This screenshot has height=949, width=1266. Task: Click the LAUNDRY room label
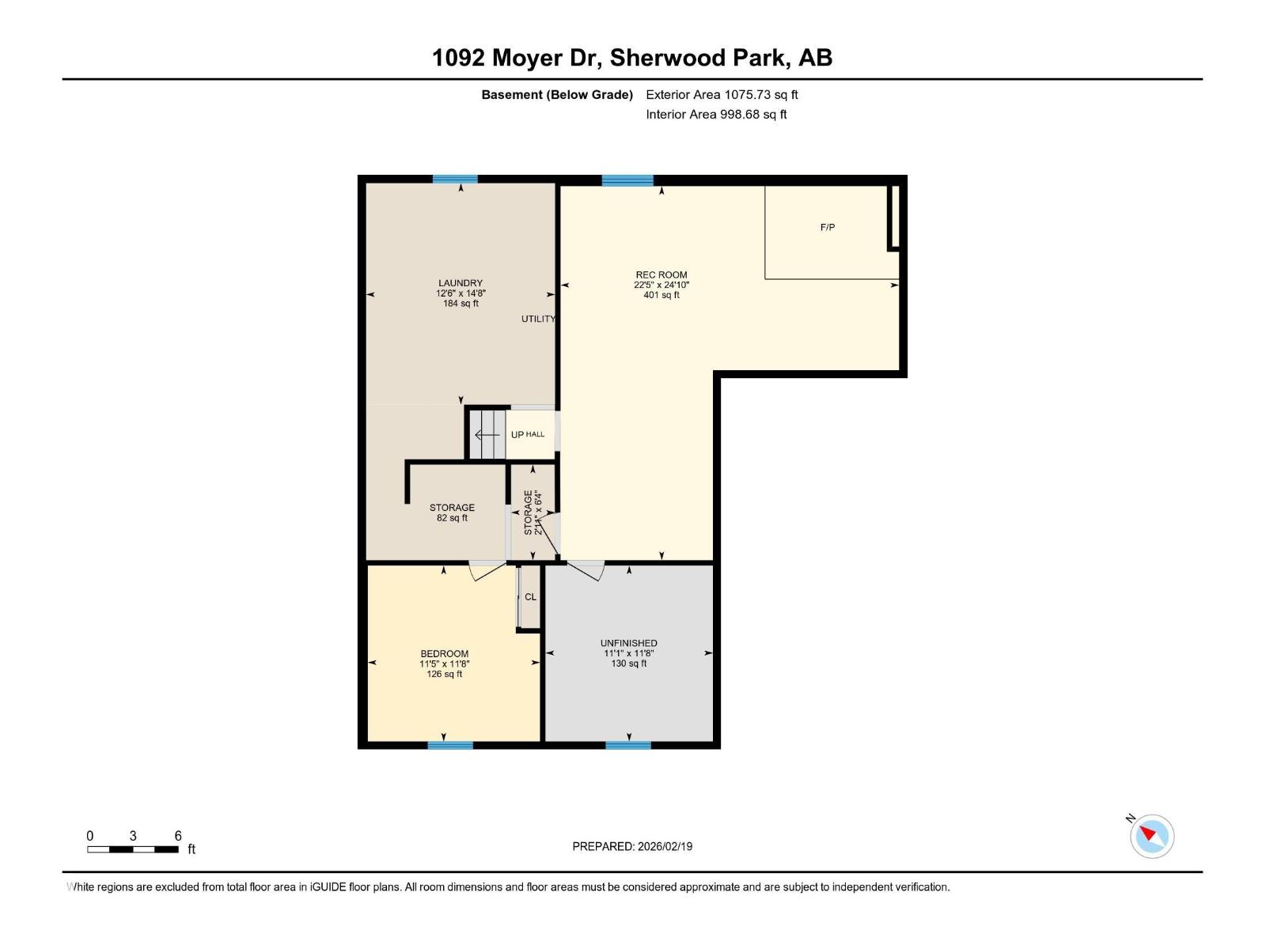(461, 283)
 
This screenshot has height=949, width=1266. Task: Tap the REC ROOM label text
(661, 275)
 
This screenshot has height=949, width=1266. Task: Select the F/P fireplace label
(828, 228)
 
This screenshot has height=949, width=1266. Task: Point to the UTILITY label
(538, 319)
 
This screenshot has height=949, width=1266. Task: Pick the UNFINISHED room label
(629, 643)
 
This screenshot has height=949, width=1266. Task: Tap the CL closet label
(530, 597)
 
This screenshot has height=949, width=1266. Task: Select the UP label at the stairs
(517, 434)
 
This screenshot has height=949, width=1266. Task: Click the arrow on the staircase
(487, 434)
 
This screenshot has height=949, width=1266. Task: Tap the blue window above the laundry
(455, 180)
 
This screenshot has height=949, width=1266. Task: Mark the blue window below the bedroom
(450, 745)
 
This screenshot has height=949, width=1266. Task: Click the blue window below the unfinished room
(628, 745)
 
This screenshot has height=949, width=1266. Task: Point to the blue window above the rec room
(627, 180)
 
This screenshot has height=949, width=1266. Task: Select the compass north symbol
(1152, 836)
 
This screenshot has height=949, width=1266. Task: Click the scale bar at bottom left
(132, 849)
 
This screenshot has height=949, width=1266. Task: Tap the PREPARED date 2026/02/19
(632, 846)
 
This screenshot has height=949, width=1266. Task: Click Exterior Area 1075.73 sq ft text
(722, 95)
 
